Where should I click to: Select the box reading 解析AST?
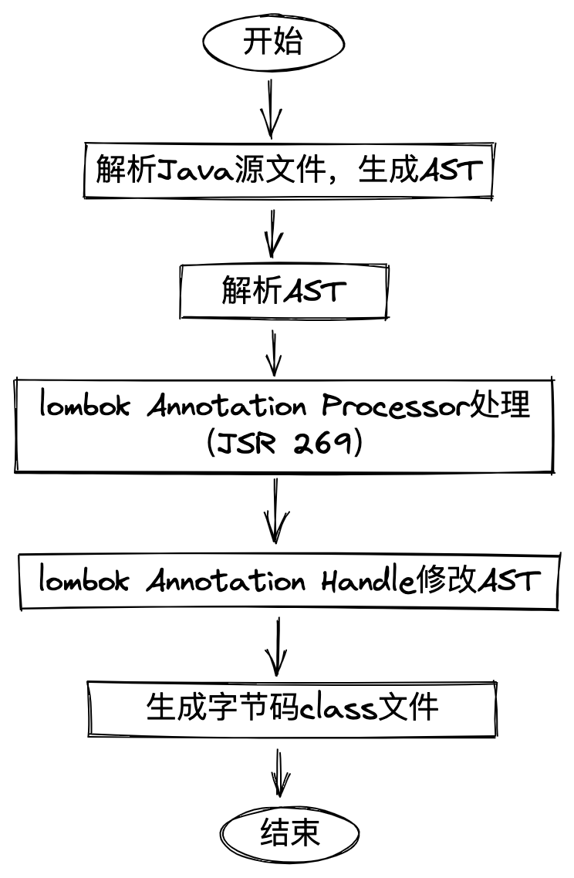[283, 292]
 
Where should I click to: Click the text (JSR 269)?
[284, 445]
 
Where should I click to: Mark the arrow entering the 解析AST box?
[272, 234]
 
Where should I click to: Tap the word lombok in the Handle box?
[86, 580]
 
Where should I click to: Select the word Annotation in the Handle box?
[226, 580]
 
